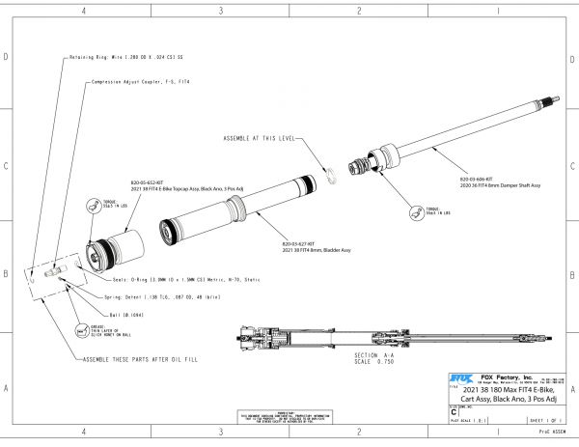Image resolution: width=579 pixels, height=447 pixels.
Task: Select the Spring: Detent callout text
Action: [160, 298]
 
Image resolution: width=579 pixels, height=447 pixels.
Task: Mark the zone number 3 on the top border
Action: [222, 11]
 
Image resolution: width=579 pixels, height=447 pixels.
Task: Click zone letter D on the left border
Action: [7, 57]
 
